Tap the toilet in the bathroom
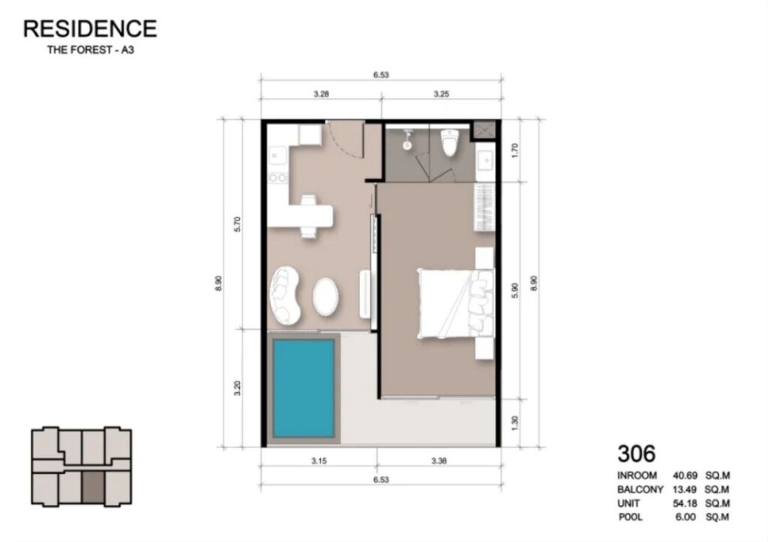[x=449, y=142]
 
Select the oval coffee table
[x=325, y=297]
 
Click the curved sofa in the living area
[x=286, y=295]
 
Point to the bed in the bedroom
[x=455, y=303]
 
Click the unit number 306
[x=636, y=454]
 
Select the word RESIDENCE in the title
[x=90, y=29]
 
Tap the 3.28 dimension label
[x=321, y=94]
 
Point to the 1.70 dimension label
[x=514, y=150]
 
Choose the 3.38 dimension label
[x=439, y=461]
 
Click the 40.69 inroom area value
[x=685, y=475]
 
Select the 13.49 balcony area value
[x=685, y=489]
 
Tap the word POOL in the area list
[x=630, y=517]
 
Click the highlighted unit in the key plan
[x=93, y=488]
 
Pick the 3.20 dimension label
[x=238, y=388]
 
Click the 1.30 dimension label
[x=514, y=423]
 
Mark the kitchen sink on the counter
[x=277, y=155]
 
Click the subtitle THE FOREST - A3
[x=91, y=50]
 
